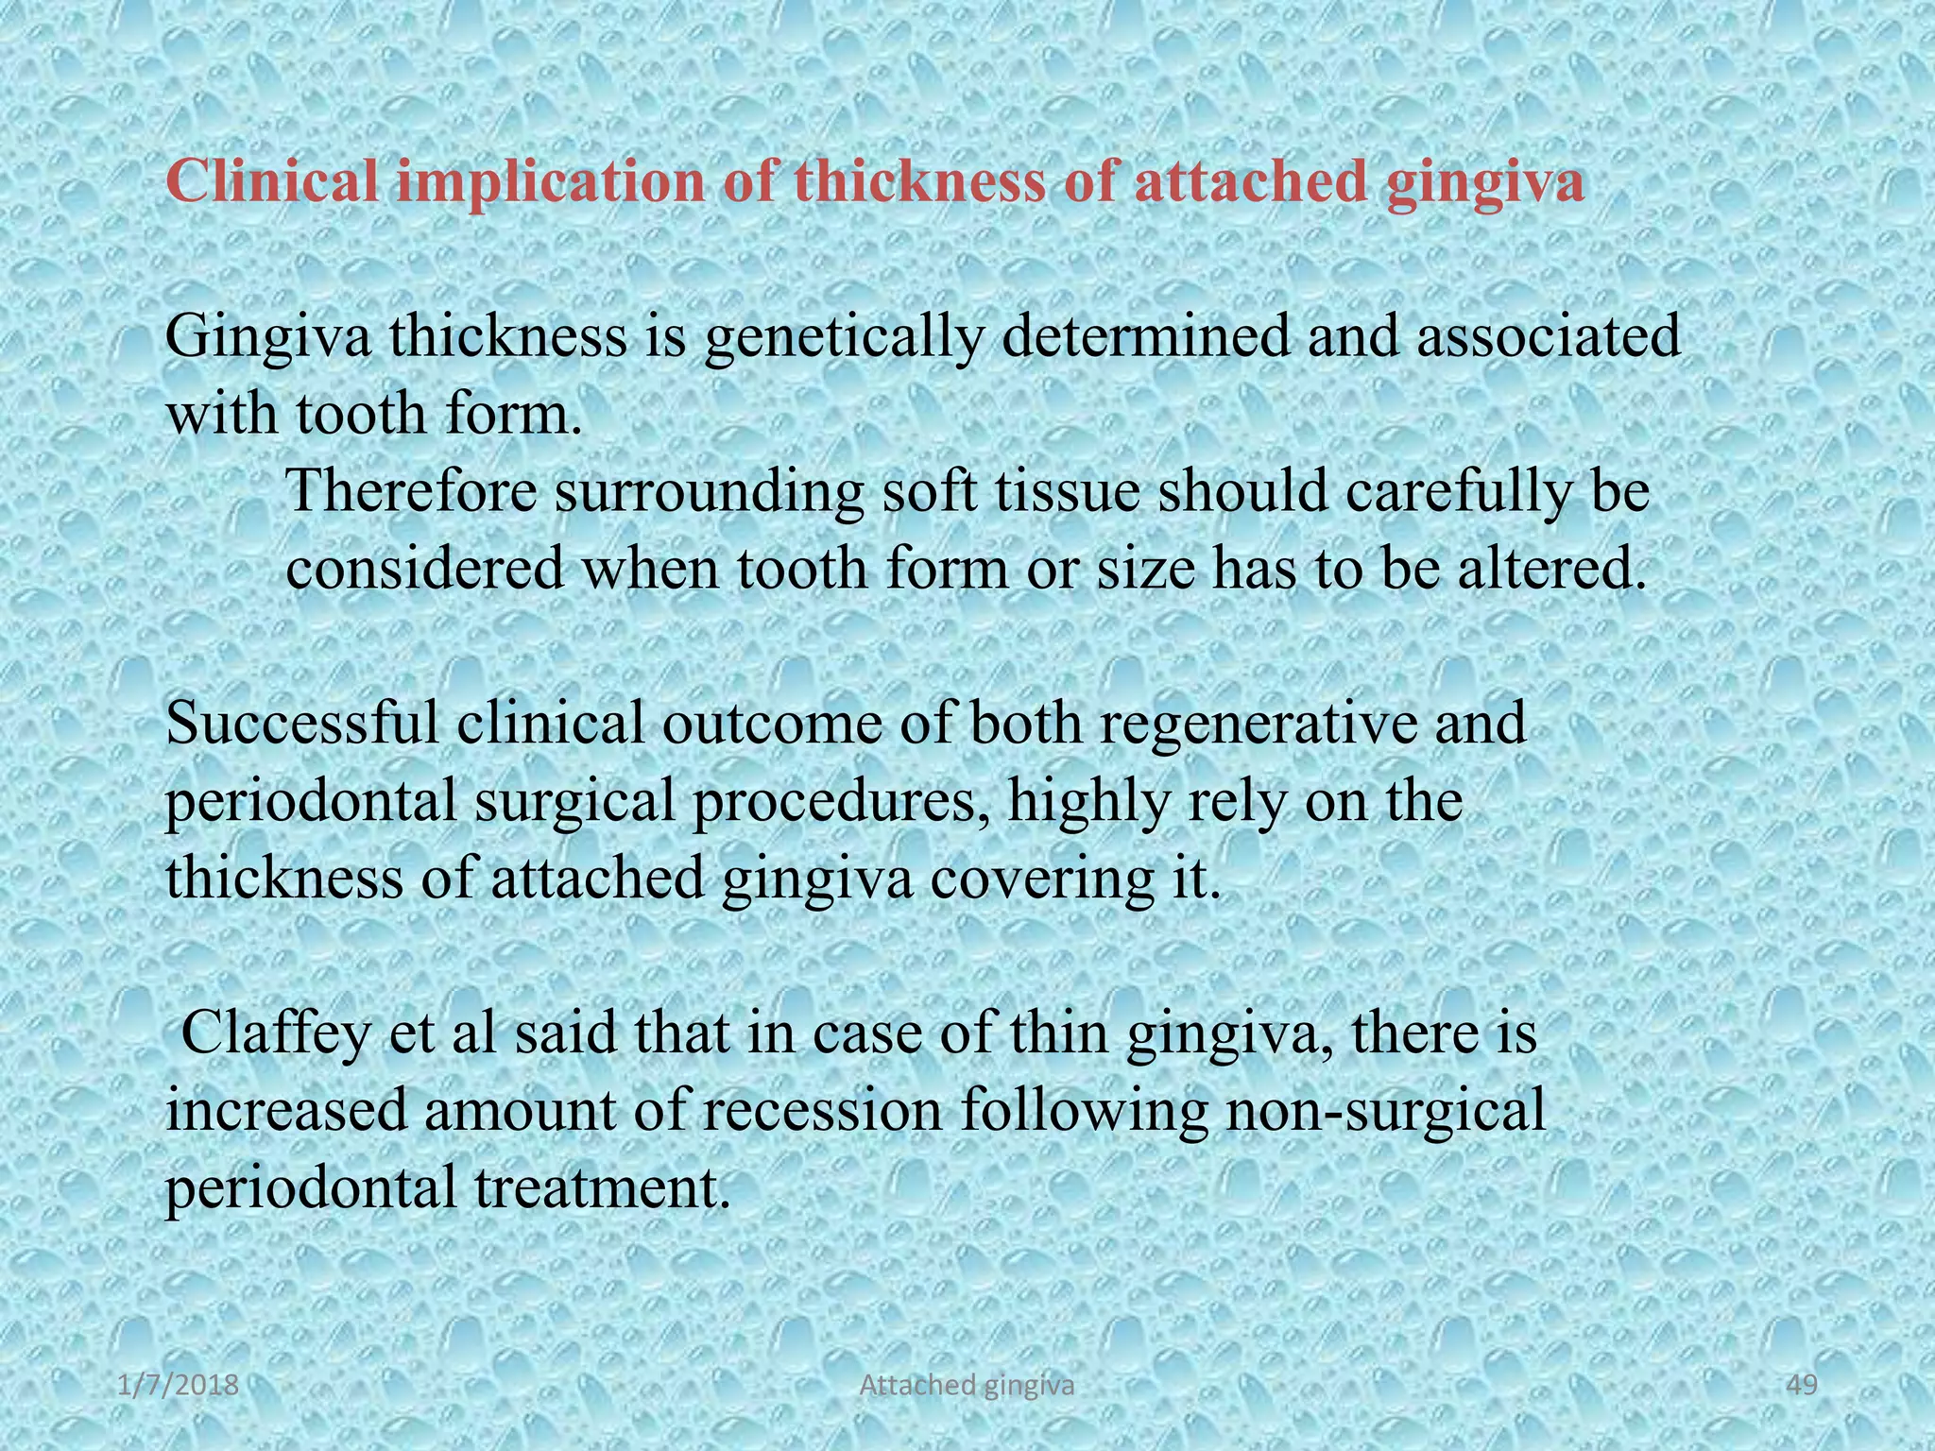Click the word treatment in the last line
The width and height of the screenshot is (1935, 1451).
[602, 1187]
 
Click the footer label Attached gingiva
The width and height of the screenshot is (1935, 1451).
[967, 1386]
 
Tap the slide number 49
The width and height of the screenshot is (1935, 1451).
[1804, 1385]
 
